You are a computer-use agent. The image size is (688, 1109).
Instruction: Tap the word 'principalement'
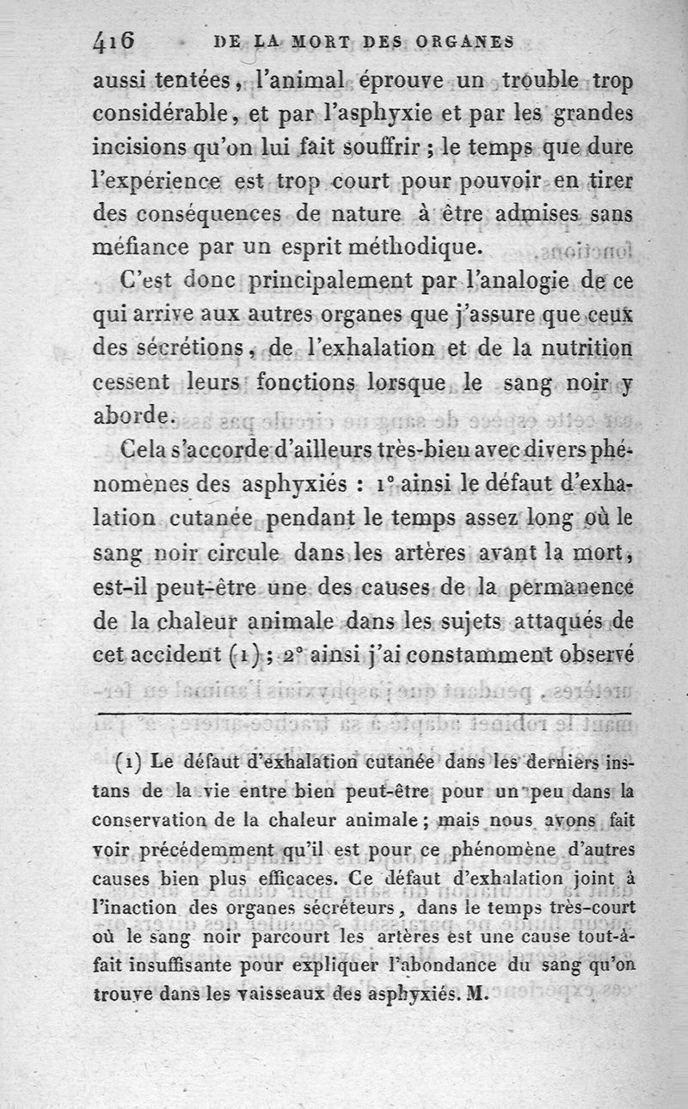click(323, 281)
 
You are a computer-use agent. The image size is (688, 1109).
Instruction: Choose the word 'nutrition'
click(586, 349)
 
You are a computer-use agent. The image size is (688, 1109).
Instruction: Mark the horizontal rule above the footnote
click(365, 714)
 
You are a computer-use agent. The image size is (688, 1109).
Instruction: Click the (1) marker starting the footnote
click(128, 763)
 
